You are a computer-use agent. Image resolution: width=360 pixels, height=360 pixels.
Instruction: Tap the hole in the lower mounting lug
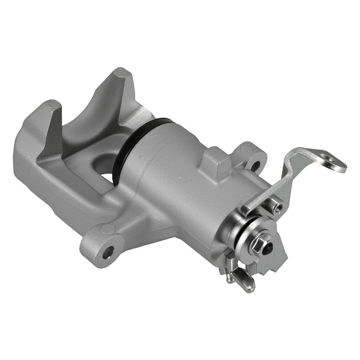[108, 252]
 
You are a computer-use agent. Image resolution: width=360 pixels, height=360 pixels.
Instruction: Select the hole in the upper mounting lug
[256, 165]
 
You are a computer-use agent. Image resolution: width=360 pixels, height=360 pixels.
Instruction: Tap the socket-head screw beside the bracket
[278, 207]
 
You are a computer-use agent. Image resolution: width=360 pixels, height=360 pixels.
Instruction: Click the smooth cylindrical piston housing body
[180, 180]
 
